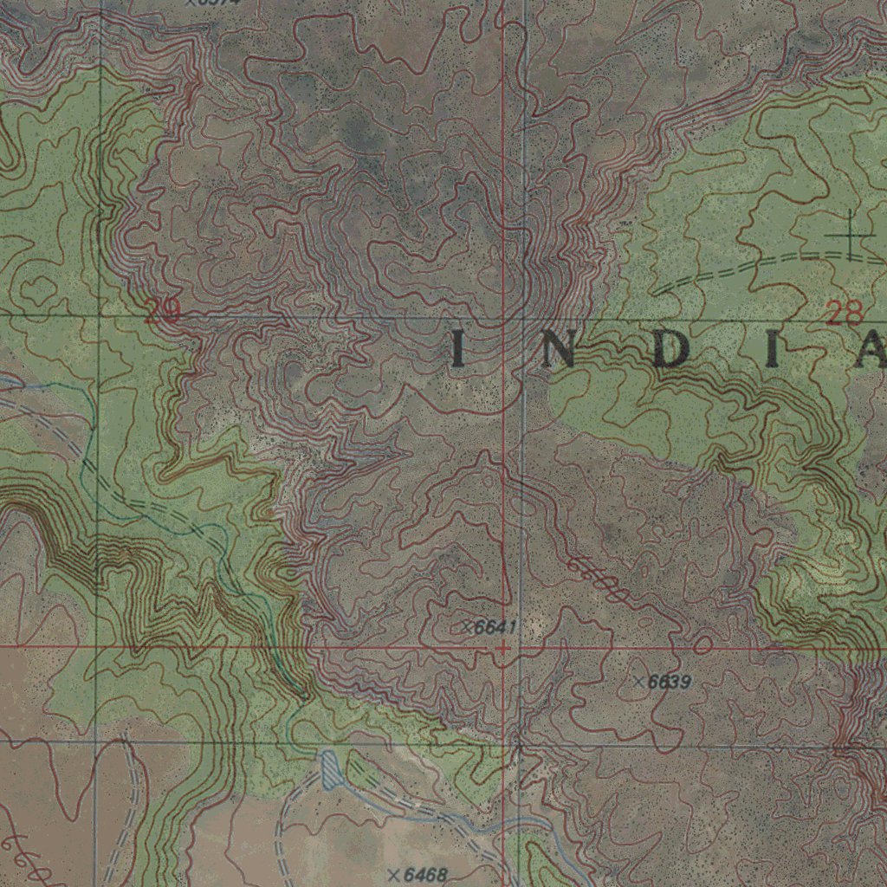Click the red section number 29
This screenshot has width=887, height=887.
pyautogui.click(x=162, y=311)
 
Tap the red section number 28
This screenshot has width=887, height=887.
pyautogui.click(x=845, y=313)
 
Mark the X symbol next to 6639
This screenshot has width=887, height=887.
pyautogui.click(x=639, y=682)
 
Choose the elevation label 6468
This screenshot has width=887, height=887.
pyautogui.click(x=424, y=875)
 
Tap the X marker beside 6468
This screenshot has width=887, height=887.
pyautogui.click(x=395, y=874)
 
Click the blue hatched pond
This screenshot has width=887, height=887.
pyautogui.click(x=331, y=770)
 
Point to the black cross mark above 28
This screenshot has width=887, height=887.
pyautogui.click(x=850, y=235)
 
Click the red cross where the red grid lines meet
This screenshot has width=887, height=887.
pyautogui.click(x=503, y=646)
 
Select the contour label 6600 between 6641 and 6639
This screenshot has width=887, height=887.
pyautogui.click(x=598, y=581)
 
